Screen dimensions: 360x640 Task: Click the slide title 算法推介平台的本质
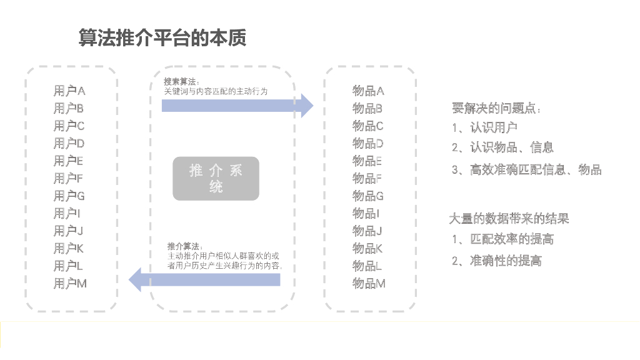click(162, 37)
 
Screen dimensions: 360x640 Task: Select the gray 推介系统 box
click(216, 178)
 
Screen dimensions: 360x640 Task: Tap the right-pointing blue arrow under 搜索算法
click(237, 106)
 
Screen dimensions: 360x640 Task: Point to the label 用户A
click(69, 91)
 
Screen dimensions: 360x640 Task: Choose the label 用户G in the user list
click(69, 196)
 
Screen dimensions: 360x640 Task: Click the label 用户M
click(70, 284)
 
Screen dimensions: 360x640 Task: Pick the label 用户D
click(69, 144)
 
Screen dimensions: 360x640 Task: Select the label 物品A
click(368, 91)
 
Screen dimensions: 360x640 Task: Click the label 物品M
click(369, 284)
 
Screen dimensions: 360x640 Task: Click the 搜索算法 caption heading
click(182, 82)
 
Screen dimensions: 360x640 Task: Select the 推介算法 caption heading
click(185, 246)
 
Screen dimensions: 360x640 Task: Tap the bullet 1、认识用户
click(485, 128)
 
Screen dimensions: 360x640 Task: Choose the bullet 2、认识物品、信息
click(503, 148)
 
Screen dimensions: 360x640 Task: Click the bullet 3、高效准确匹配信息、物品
click(527, 169)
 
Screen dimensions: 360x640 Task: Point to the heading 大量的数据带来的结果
click(509, 219)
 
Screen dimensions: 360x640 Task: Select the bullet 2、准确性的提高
click(497, 261)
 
